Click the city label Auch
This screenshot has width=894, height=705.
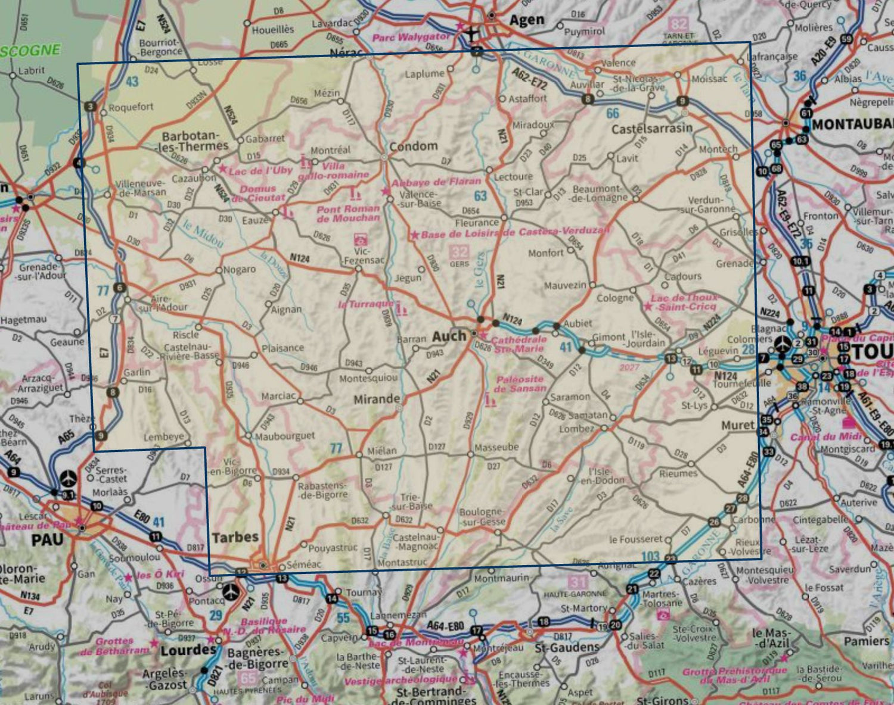coord(448,336)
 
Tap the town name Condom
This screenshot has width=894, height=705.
coord(413,146)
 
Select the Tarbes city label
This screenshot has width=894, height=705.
coord(235,537)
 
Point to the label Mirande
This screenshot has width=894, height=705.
coord(377,400)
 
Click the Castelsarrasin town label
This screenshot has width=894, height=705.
coord(652,129)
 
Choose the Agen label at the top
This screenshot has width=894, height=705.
coord(527,20)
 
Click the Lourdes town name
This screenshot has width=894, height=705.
coord(187,650)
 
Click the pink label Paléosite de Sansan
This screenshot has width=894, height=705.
coord(520,383)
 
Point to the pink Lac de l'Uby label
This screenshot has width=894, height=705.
coord(260,170)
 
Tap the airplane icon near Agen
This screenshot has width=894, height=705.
coord(472,33)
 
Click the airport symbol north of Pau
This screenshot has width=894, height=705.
coord(70,478)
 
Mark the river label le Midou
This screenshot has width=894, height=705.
coord(203,234)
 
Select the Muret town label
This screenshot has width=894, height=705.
coord(738,425)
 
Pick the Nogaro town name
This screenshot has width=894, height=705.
coord(239,269)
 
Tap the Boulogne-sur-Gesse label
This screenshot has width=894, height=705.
coord(482,517)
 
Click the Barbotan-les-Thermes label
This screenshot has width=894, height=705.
coord(195,141)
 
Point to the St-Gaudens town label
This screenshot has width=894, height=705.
coord(567,647)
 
